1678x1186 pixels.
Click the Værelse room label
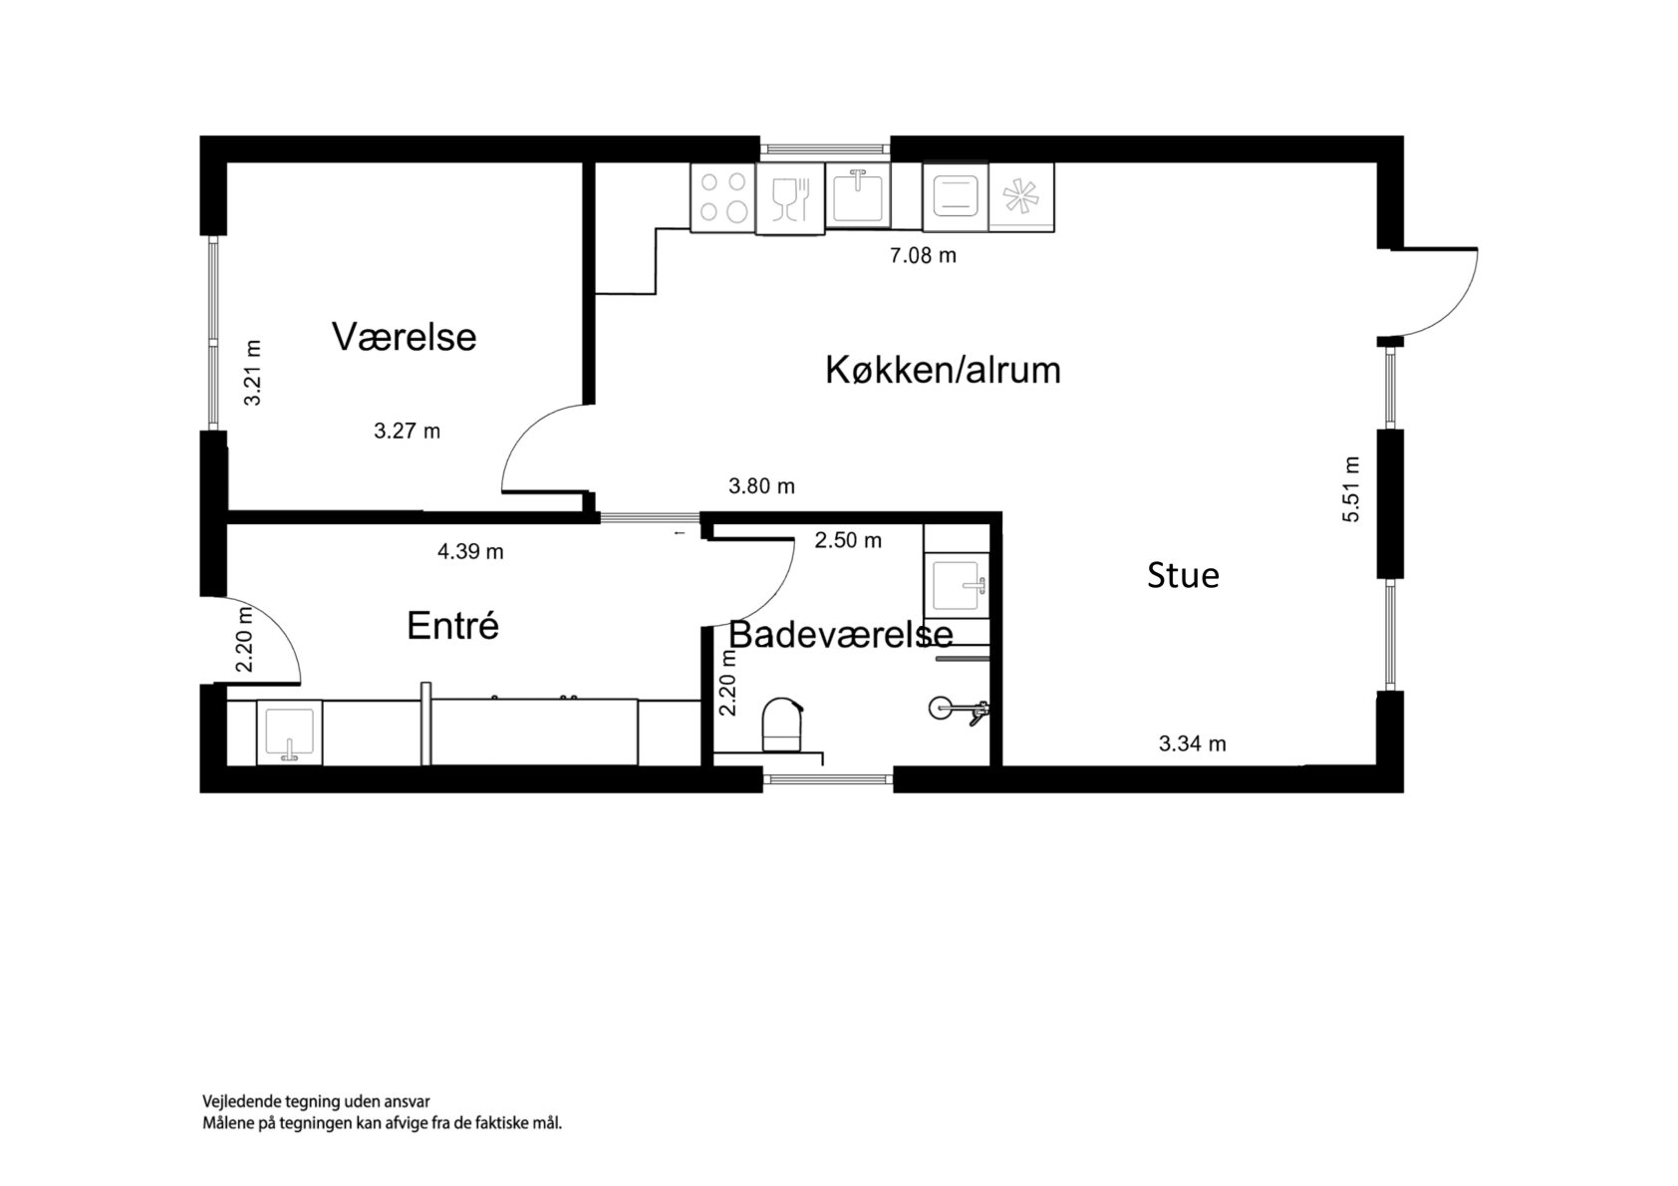pos(404,337)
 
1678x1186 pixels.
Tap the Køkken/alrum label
pos(943,370)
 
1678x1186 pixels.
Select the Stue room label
pos(1183,575)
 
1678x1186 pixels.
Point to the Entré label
pos(452,626)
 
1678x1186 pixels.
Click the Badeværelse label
pos(841,634)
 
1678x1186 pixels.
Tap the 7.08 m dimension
pos(923,255)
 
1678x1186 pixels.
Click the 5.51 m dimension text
pos(1350,489)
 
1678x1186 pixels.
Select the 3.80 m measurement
pos(761,486)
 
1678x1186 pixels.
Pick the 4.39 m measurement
pos(470,551)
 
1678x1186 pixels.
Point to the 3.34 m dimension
pos(1192,743)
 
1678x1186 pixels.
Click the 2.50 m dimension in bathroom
pos(848,540)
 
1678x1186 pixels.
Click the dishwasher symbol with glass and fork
pos(790,198)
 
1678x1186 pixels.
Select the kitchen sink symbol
pos(858,195)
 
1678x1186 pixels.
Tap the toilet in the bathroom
pos(782,726)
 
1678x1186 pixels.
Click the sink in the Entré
pos(289,733)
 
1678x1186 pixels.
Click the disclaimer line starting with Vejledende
pos(316,1101)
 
